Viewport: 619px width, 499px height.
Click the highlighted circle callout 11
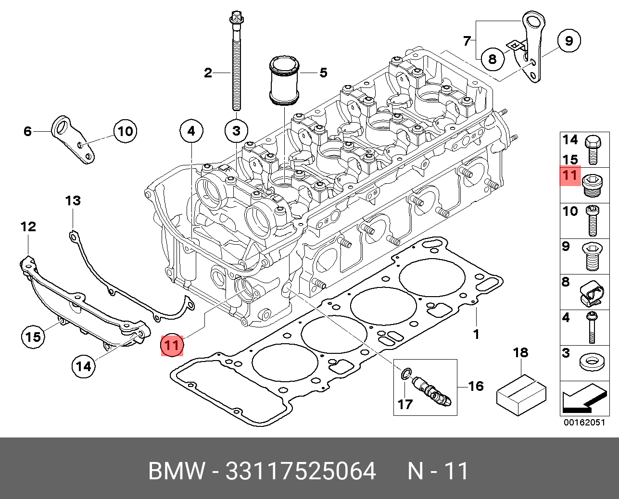click(x=172, y=345)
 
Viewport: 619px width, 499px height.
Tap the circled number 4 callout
click(x=191, y=130)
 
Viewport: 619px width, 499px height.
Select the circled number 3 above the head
click(x=236, y=130)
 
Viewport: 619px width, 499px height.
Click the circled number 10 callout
click(x=125, y=131)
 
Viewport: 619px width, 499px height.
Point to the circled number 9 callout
click(x=569, y=40)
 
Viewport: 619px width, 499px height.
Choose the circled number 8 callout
click(x=492, y=59)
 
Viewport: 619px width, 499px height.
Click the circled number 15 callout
click(x=33, y=336)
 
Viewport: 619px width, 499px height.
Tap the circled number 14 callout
click(x=83, y=367)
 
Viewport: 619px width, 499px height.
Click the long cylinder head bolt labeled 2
click(x=236, y=62)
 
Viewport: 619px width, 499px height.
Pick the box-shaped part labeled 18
click(x=521, y=394)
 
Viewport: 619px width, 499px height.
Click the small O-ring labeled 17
click(x=406, y=373)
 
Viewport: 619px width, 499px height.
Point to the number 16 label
click(x=476, y=386)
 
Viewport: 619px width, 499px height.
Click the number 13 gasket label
click(x=73, y=200)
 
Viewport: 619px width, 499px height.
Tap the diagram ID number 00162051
click(x=584, y=423)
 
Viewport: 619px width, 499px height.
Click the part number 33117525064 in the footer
click(x=301, y=471)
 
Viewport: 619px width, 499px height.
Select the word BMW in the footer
click(x=177, y=471)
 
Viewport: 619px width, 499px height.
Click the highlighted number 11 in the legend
click(x=570, y=175)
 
